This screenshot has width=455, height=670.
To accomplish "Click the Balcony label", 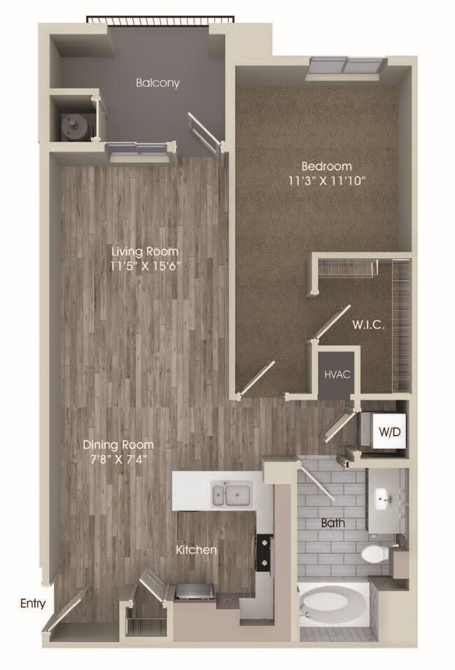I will click(157, 83).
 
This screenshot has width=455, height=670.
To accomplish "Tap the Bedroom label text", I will click(325, 167).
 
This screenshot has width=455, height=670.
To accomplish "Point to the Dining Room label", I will click(118, 445).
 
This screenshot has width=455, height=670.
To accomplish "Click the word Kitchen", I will click(196, 550).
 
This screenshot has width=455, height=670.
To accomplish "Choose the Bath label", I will click(333, 523).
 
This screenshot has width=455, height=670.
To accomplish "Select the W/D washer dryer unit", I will click(390, 431).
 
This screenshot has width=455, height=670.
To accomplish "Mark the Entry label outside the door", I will click(33, 603).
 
